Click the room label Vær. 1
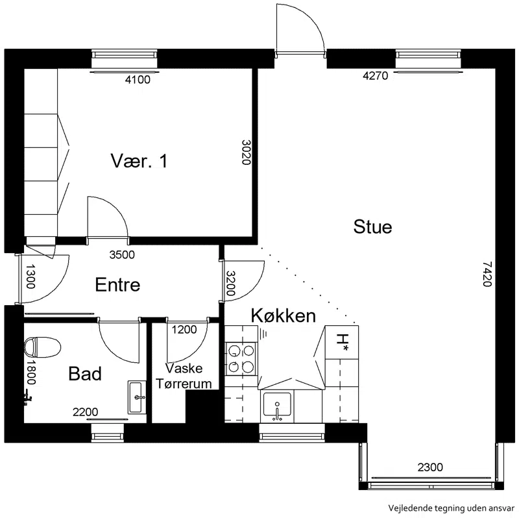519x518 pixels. (139, 161)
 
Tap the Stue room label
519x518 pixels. (372, 227)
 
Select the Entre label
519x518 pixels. (117, 285)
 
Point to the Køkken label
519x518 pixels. (284, 315)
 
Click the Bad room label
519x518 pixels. (85, 374)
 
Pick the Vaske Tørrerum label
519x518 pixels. (184, 376)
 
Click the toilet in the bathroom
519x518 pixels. (42, 347)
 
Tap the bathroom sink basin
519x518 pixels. (137, 397)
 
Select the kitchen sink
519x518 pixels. (278, 404)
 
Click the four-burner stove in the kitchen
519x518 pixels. (241, 359)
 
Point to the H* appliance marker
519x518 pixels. (342, 342)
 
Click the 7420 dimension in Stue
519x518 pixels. (487, 274)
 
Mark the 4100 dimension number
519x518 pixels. (138, 80)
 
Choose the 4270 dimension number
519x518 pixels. (376, 76)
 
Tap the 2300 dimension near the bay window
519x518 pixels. (430, 467)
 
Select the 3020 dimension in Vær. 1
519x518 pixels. (246, 153)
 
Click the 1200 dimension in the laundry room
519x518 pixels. (184, 330)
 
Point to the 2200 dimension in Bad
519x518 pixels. (86, 412)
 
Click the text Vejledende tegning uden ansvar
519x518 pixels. (452, 508)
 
